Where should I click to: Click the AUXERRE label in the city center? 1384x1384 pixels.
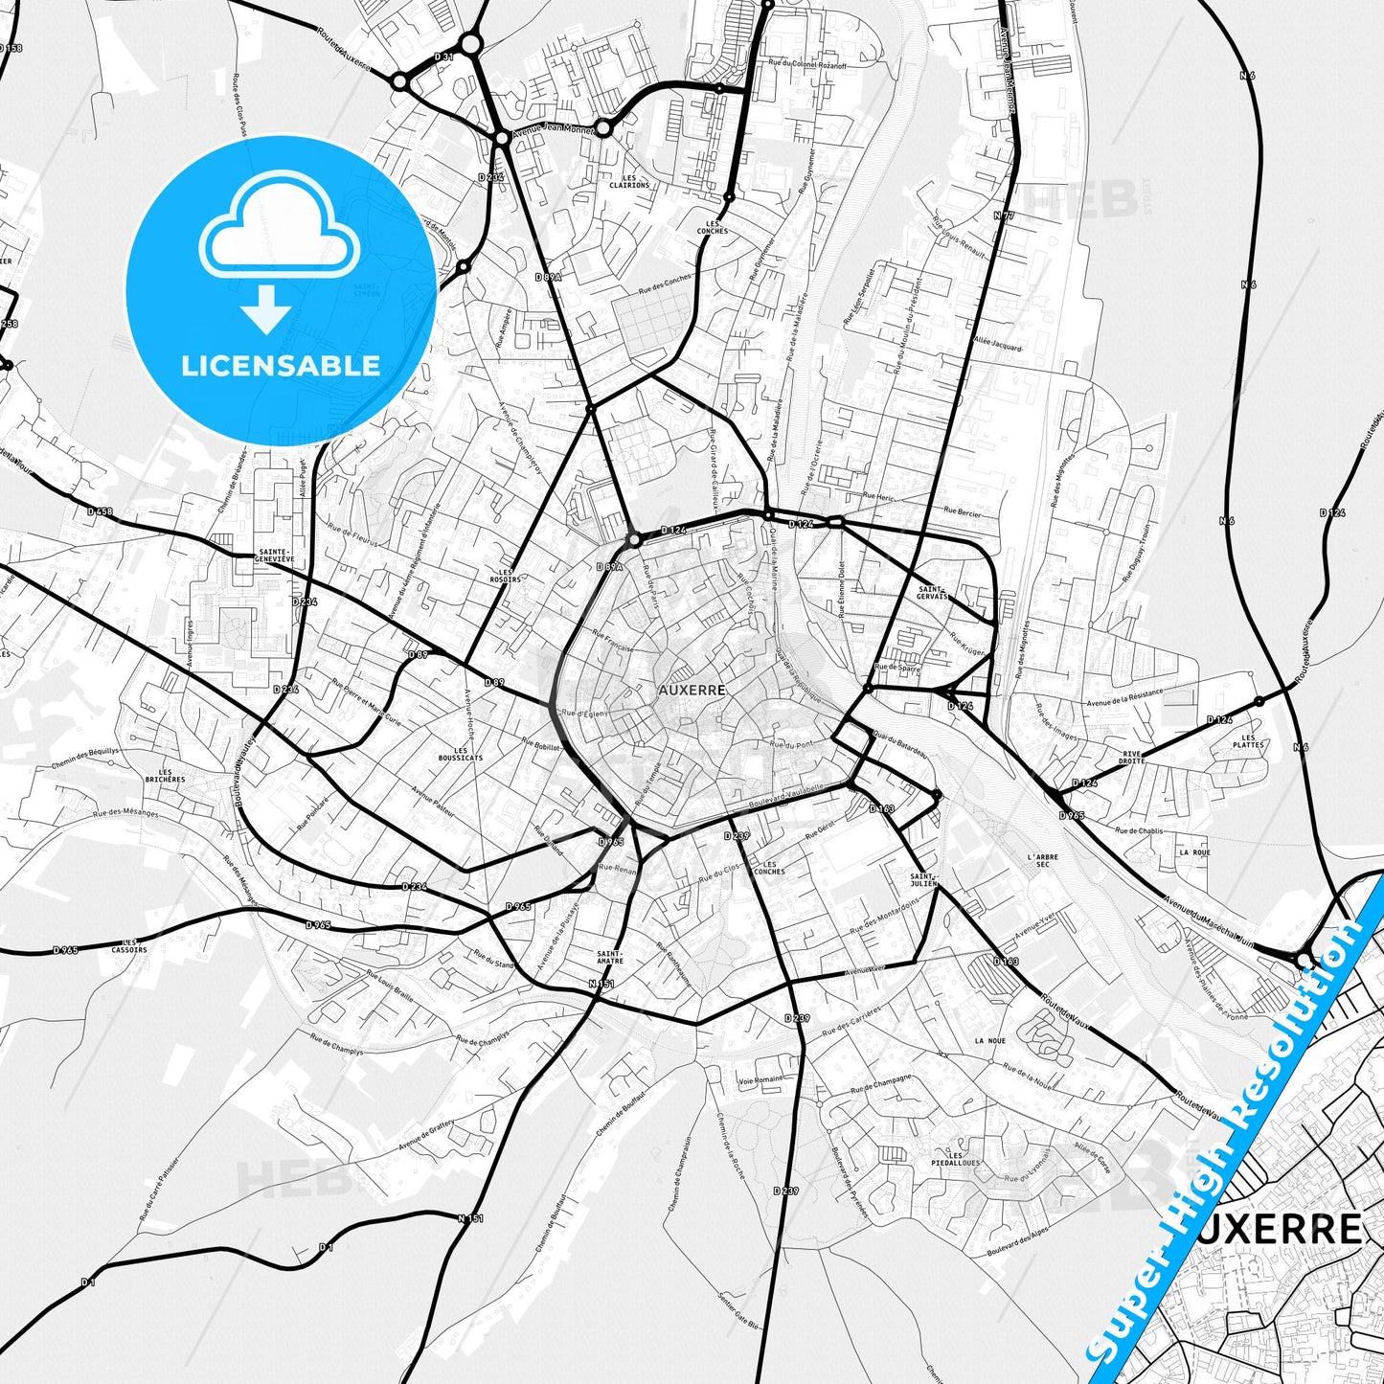692,690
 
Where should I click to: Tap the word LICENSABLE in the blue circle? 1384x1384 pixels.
281,365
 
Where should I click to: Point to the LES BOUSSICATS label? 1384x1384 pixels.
467,754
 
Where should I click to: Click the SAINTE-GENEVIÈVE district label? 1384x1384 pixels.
276,556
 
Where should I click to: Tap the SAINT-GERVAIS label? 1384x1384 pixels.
932,593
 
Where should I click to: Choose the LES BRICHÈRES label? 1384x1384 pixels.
166,776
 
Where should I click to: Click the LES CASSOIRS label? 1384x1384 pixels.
129,945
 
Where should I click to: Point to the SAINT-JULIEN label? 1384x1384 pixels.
923,879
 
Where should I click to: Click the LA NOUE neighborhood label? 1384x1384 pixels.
989,1040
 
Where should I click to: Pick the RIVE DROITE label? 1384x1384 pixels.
1132,757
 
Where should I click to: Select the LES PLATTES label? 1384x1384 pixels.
1248,741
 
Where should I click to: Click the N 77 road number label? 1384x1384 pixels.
1003,216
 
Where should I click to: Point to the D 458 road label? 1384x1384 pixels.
100,511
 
